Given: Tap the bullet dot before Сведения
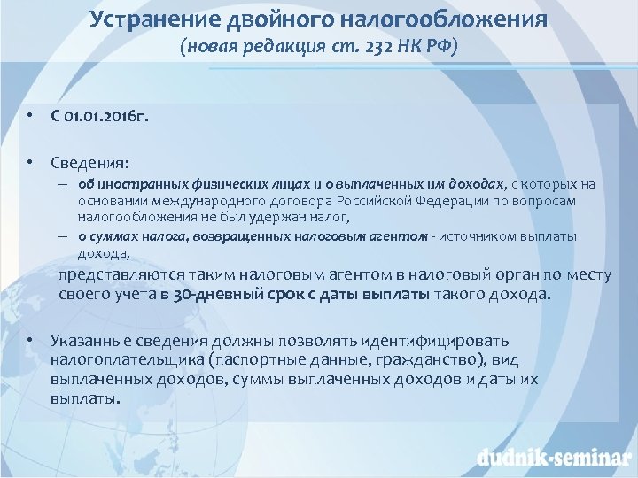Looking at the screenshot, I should (30, 162).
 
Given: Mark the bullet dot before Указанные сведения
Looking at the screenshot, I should (30, 340).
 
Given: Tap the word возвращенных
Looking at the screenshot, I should (254, 236).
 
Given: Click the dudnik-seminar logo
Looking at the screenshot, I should (553, 457).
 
